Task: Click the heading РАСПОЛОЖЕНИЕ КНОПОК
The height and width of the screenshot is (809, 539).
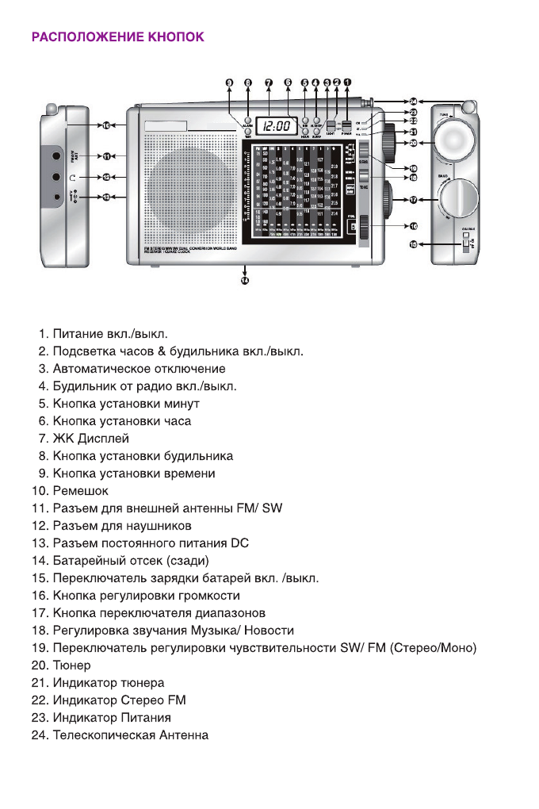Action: point(117,37)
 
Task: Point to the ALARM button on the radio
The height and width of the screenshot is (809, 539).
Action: point(247,119)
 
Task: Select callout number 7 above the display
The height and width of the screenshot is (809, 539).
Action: point(269,82)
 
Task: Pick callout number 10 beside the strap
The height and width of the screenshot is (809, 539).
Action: point(105,125)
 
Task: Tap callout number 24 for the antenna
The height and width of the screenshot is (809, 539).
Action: point(414,102)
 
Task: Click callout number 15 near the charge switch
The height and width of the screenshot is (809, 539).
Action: point(413,246)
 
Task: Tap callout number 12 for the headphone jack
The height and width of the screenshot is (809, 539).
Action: point(105,177)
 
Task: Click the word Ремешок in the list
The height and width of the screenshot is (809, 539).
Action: point(81,491)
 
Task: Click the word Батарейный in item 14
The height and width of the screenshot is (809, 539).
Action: point(86,561)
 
